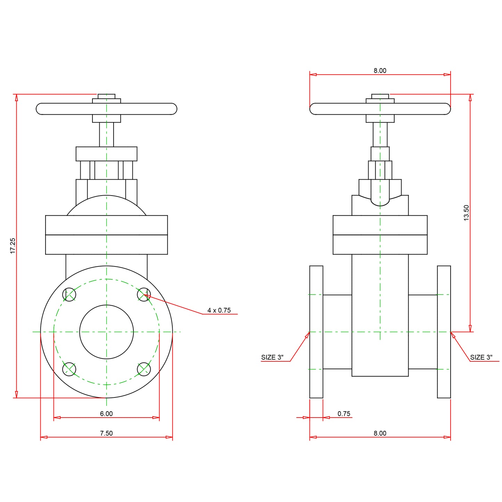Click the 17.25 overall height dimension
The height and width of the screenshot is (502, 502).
click(13, 246)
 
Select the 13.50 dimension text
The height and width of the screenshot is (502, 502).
click(466, 213)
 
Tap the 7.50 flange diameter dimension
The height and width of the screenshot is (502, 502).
click(106, 433)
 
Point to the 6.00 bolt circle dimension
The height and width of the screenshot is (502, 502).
click(106, 414)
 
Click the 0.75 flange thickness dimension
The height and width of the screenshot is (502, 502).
click(344, 414)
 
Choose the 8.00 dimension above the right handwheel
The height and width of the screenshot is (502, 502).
click(380, 71)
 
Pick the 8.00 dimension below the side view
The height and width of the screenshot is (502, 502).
click(380, 433)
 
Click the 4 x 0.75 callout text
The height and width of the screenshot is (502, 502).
click(219, 310)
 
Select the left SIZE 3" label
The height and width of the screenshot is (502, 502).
click(272, 357)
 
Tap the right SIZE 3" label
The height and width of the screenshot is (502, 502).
click(481, 357)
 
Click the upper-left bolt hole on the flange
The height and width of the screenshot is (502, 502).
click(69, 295)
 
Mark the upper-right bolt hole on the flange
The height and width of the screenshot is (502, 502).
click(144, 295)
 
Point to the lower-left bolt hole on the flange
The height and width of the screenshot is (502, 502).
click(69, 369)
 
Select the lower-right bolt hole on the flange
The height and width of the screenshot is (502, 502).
click(144, 369)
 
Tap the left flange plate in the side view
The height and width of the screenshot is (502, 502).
click(316, 332)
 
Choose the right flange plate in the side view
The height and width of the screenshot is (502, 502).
click(444, 332)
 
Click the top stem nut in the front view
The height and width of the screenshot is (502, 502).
click(106, 96)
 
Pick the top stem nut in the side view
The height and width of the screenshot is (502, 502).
click(380, 96)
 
